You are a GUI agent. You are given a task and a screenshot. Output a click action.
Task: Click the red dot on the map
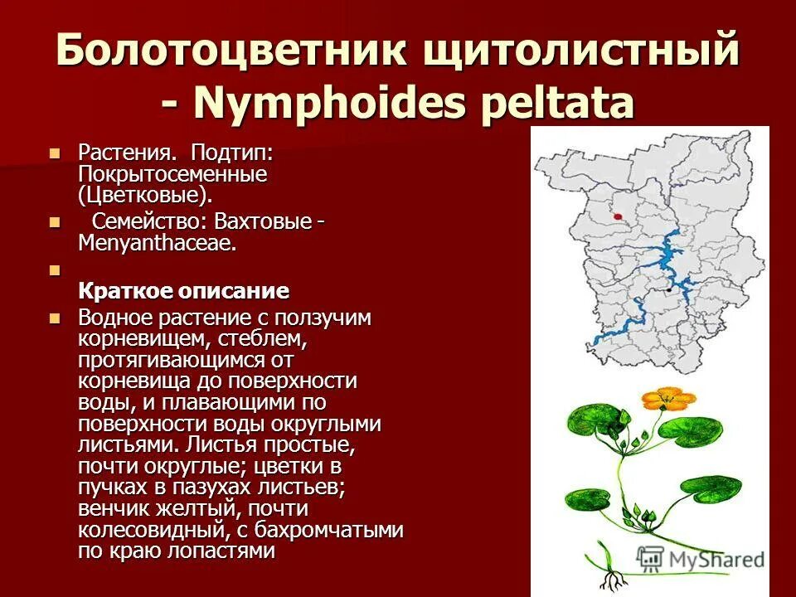pyautogui.click(x=618, y=216)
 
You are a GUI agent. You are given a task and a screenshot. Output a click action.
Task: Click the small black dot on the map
pyautogui.click(x=668, y=291)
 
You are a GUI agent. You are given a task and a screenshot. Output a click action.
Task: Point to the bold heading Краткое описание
pyautogui.click(x=184, y=291)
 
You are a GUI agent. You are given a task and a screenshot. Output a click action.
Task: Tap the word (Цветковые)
pyautogui.click(x=146, y=196)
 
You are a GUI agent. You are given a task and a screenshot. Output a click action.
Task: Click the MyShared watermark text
pyautogui.click(x=713, y=560)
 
